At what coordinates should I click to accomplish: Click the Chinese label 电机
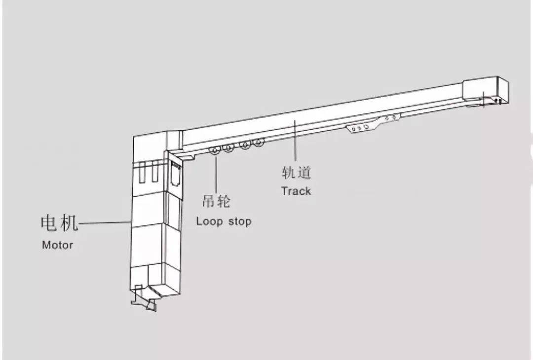pyautogui.click(x=60, y=223)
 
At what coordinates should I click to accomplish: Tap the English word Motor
pyautogui.click(x=57, y=245)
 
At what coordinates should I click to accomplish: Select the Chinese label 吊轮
pyautogui.click(x=217, y=201)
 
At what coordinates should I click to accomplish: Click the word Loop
pyautogui.click(x=209, y=221)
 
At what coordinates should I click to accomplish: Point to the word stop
pyautogui.click(x=240, y=221)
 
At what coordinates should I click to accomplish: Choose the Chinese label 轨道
pyautogui.click(x=297, y=172)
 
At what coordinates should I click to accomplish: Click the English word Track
pyautogui.click(x=296, y=191)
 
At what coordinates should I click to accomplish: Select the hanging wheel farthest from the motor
pyautogui.click(x=259, y=143)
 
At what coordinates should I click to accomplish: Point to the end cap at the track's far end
pyautogui.click(x=486, y=91)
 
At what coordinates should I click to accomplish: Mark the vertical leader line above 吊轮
pyautogui.click(x=216, y=172)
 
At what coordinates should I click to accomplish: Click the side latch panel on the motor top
pyautogui.click(x=175, y=174)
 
